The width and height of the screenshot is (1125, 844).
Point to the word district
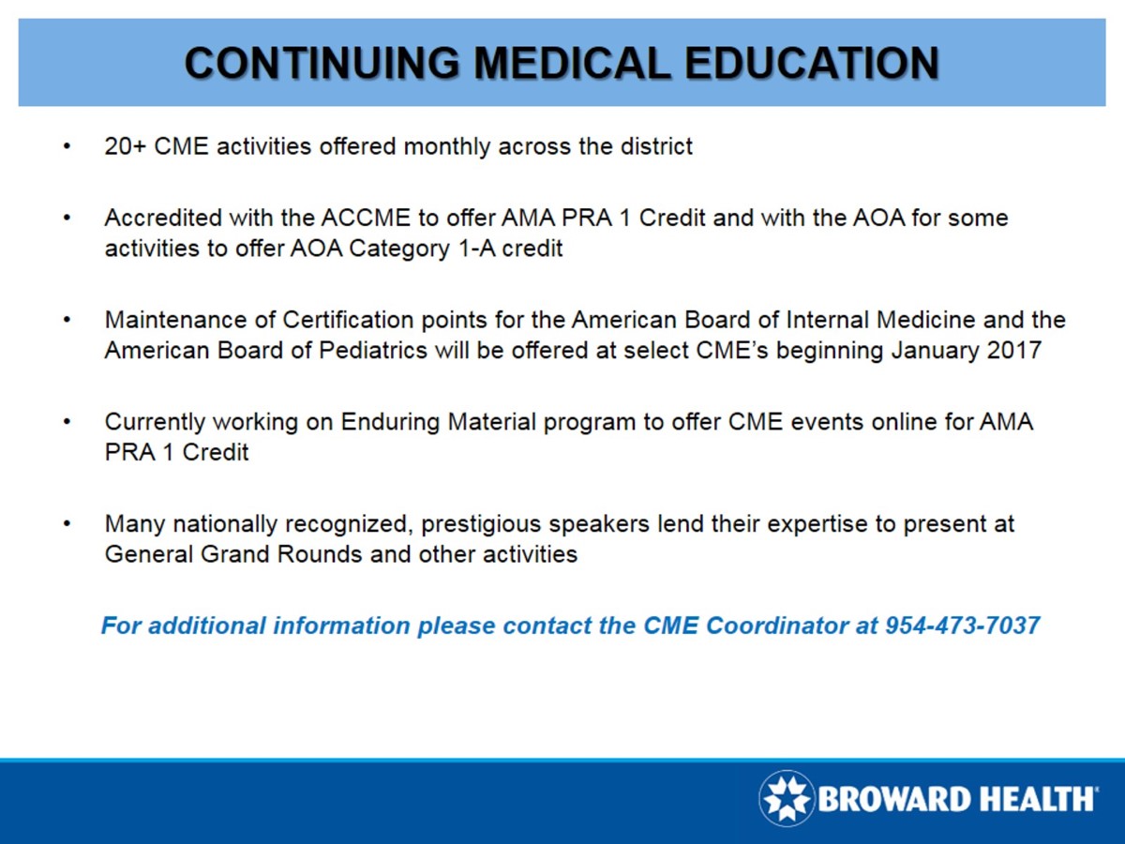pyautogui.click(x=659, y=147)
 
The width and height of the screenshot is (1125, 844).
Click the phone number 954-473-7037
pyautogui.click(x=963, y=625)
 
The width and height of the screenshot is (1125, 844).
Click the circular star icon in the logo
pyautogui.click(x=787, y=799)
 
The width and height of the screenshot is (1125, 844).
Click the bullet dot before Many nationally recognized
pyautogui.click(x=67, y=523)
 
